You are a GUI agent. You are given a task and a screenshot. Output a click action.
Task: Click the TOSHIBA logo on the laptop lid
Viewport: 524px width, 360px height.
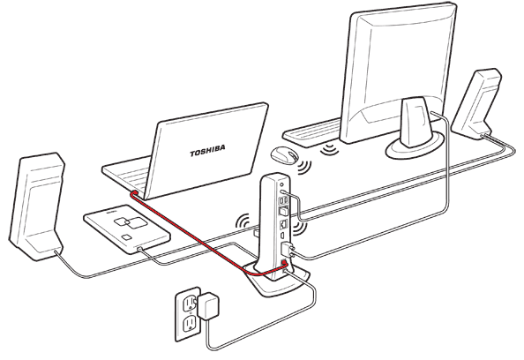(x=207, y=150)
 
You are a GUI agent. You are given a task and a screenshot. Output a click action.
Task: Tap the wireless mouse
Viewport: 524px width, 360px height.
(x=284, y=155)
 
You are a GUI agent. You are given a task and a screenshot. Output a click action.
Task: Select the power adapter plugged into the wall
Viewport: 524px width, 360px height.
(x=208, y=305)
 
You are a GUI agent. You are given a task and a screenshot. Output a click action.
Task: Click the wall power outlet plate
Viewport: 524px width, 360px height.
(x=188, y=314)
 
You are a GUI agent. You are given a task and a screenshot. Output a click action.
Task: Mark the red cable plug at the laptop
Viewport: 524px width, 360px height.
(x=133, y=193)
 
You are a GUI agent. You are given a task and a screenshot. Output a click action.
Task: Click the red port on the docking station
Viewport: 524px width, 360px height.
(x=285, y=264)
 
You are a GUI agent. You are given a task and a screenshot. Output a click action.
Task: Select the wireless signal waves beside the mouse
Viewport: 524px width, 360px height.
(x=304, y=167)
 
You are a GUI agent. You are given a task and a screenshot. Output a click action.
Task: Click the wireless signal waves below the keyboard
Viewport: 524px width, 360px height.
(x=329, y=149)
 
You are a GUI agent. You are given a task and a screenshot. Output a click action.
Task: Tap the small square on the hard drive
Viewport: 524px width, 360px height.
(x=127, y=237)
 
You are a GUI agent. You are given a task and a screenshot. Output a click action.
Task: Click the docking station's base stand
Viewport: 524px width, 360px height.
(x=277, y=278)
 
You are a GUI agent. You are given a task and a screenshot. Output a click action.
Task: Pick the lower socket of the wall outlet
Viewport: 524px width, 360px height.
(x=190, y=324)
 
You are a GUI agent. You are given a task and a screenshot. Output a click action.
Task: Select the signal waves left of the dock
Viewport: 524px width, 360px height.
(x=243, y=221)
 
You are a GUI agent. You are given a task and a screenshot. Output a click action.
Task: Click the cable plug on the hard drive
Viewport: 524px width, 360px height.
(x=139, y=249)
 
